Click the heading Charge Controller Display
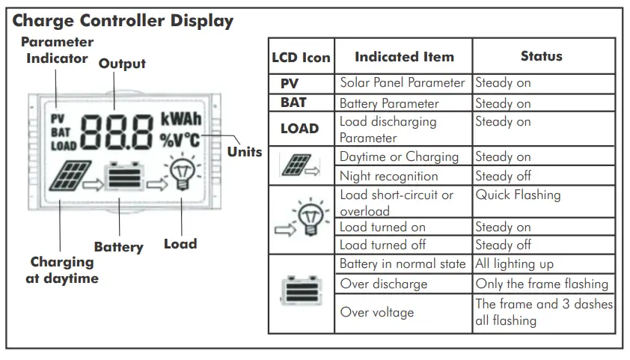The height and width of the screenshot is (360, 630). coord(123,20)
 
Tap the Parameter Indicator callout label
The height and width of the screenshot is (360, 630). coord(57,50)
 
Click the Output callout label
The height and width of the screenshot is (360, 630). coord(122,64)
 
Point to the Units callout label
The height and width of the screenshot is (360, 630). coord(245,151)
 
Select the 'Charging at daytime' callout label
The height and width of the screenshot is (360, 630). coord(64,270)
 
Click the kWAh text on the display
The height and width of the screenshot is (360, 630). coord(180,120)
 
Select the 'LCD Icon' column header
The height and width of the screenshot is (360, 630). coord(301,57)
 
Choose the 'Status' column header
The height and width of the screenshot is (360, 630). coord(541,56)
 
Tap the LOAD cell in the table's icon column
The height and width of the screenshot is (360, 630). coord(300,128)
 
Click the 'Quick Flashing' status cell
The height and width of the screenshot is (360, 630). coord(518,195)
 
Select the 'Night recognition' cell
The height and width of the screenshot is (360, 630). coord(388,177)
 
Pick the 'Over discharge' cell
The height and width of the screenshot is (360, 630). coord(383,284)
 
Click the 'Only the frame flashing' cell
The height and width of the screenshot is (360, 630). coord(542,284)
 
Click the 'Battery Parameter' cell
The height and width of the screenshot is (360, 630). coord(389,103)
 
